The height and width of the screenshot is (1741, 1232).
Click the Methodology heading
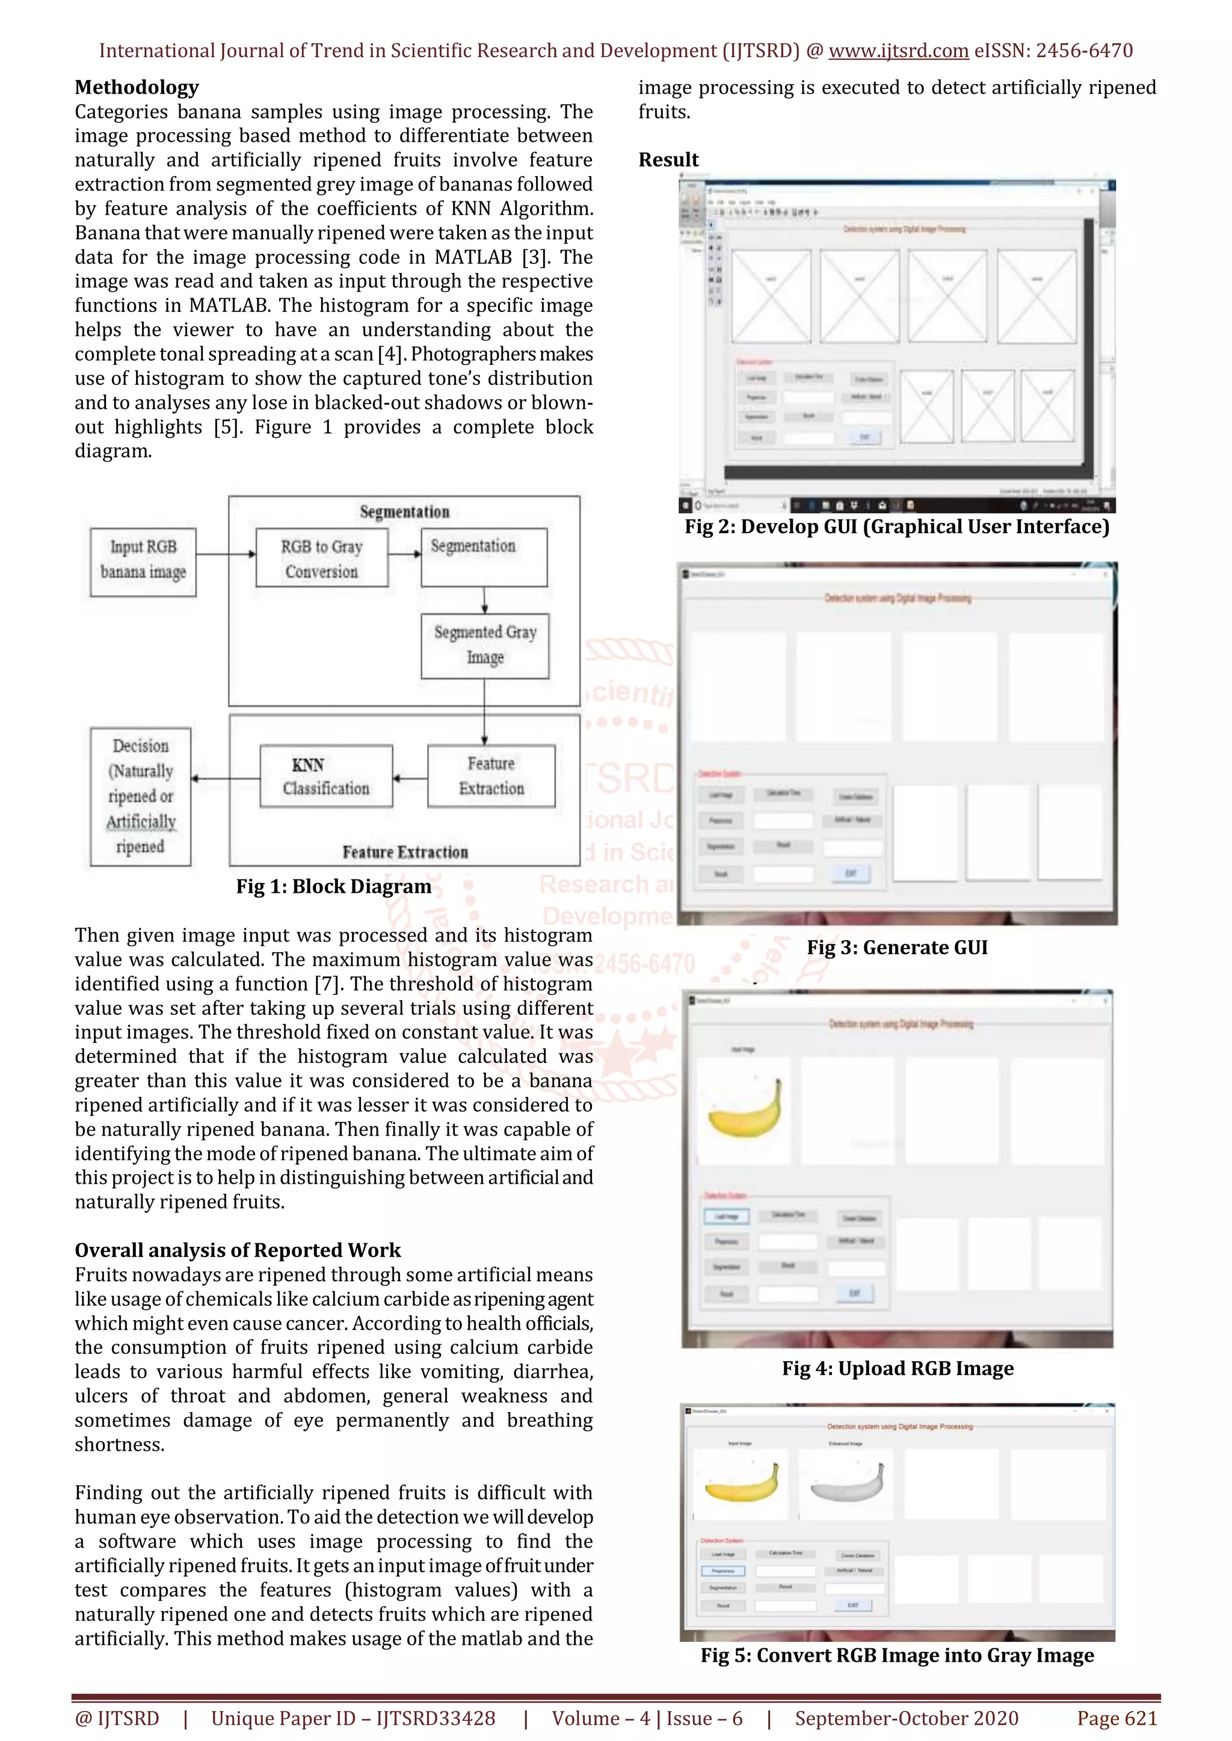[137, 87]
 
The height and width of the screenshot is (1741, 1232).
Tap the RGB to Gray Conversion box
[322, 557]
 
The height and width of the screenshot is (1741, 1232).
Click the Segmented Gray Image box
[485, 644]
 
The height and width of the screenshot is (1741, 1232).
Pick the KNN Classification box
[326, 776]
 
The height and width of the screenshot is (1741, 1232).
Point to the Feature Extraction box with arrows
[491, 776]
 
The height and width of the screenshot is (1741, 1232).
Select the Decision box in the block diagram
[140, 796]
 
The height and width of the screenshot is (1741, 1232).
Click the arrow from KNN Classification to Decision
[226, 778]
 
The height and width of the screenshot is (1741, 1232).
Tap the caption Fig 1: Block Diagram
[333, 886]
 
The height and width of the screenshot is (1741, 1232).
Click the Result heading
[668, 159]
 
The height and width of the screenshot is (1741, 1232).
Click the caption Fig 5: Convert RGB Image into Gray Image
[897, 1654]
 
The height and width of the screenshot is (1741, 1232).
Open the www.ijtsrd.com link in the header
[898, 51]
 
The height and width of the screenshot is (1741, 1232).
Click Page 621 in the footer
[1116, 1718]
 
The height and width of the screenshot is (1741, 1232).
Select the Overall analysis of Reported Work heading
[238, 1250]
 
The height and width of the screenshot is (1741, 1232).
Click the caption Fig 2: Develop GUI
[897, 526]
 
